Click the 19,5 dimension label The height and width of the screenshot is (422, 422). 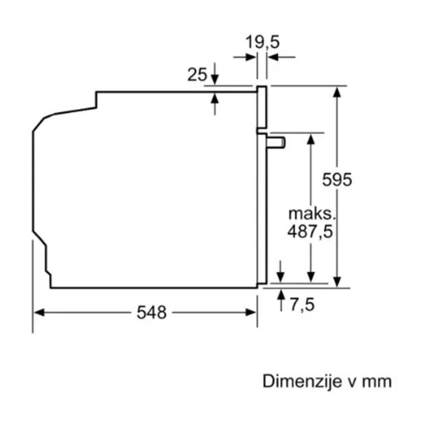[x=262, y=43]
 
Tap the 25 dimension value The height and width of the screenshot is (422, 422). [x=197, y=75]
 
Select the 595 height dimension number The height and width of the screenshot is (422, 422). [x=337, y=180]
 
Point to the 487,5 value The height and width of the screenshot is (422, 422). [x=310, y=231]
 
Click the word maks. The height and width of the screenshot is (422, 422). [x=312, y=213]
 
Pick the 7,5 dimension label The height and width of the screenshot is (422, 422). [x=302, y=305]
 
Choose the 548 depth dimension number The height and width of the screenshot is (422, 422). [x=152, y=312]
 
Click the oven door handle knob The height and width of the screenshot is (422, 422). [x=276, y=142]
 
